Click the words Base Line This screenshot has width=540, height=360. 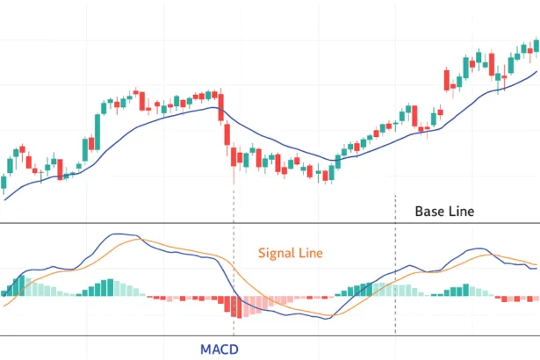pyautogui.click(x=444, y=212)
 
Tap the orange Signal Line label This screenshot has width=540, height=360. pyautogui.click(x=292, y=253)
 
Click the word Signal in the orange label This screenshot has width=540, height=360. pyautogui.click(x=276, y=253)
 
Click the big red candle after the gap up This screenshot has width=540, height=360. pyautogui.click(x=450, y=79)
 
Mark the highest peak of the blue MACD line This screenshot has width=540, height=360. pyautogui.click(x=123, y=234)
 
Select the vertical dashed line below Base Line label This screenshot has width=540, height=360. pyautogui.click(x=396, y=263)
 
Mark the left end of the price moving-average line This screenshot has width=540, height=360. pyautogui.click(x=5, y=200)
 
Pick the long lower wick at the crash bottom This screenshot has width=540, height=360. pyautogui.click(x=234, y=175)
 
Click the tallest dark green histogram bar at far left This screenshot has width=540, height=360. pyautogui.click(x=18, y=285)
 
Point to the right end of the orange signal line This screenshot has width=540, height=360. pyautogui.click(x=536, y=263)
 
